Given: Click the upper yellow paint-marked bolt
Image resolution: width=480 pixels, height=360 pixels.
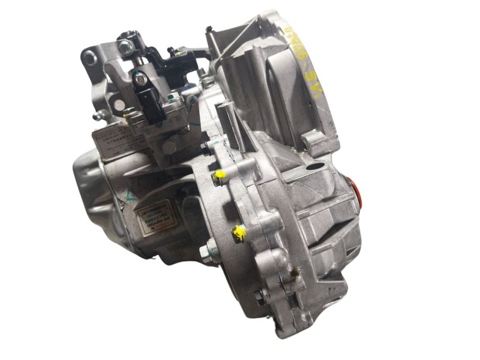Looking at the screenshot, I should [220, 175].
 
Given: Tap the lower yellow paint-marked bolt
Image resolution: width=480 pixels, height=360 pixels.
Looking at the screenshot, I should [241, 232].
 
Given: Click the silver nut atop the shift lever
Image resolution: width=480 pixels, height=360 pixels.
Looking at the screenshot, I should [125, 46].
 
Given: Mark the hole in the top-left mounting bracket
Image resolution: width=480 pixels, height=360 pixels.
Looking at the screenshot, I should [89, 58].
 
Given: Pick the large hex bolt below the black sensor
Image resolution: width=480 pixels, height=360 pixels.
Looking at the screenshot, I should [170, 146].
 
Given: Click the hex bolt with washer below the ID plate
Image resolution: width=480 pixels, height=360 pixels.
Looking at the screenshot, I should [210, 246].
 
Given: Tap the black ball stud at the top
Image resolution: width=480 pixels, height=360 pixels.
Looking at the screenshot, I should [171, 51].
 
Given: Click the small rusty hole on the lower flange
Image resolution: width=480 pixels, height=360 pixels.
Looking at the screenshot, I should [294, 273].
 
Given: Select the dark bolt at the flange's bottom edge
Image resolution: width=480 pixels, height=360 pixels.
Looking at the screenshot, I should [257, 295].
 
